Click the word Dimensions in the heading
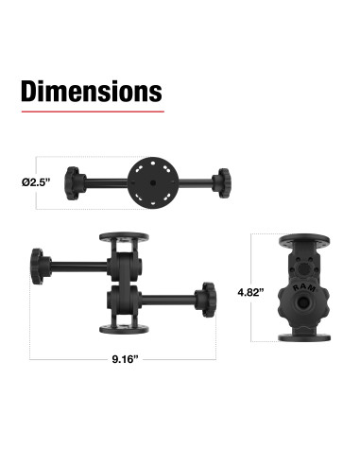(x=92, y=92)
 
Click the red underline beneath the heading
(x=92, y=112)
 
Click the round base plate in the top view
(x=147, y=179)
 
